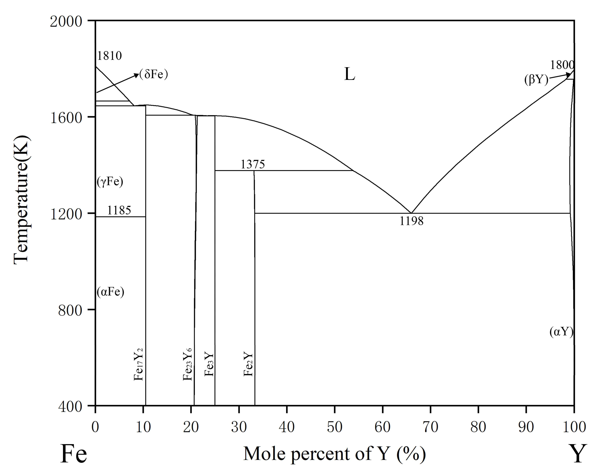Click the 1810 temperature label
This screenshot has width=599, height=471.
tap(109, 56)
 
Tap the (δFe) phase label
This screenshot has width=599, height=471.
tap(153, 74)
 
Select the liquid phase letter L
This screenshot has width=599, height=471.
tap(349, 74)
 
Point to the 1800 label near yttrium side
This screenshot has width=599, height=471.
tap(562, 65)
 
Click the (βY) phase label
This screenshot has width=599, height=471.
tap(536, 80)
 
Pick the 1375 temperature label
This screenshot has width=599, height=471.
tap(253, 164)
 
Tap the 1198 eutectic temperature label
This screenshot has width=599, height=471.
tap(411, 221)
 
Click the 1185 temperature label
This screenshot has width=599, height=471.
tap(119, 210)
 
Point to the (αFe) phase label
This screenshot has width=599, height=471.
tap(110, 292)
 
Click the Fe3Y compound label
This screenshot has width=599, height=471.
tap(209, 364)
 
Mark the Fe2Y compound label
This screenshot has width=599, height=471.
tap(248, 364)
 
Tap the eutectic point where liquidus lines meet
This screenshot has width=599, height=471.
tap(411, 213)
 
